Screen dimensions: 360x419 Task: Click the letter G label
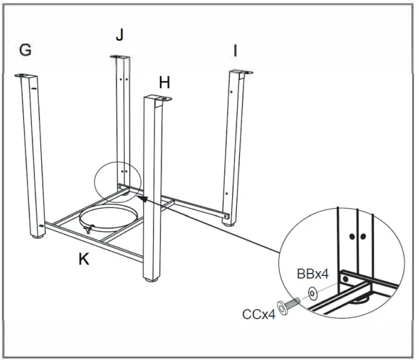tap(25, 50)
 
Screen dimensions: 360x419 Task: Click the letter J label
tap(120, 35)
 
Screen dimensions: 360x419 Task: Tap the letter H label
tap(164, 82)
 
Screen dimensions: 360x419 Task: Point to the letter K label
tap(83, 259)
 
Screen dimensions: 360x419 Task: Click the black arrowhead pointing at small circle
tap(141, 198)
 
